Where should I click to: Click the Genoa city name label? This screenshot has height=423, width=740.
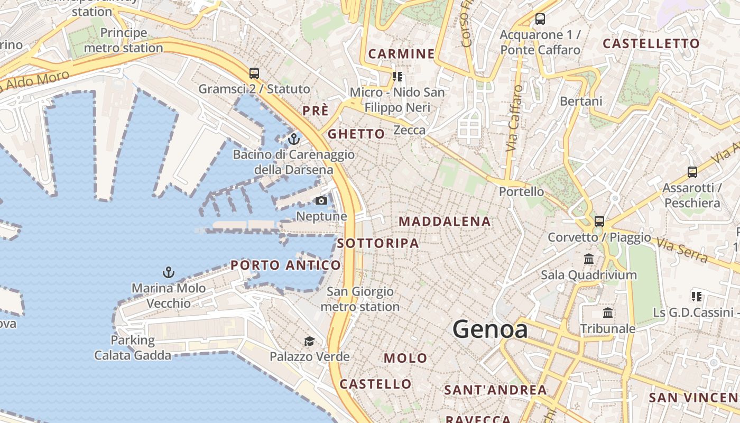point(490,329)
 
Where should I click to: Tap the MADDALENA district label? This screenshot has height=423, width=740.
point(445,222)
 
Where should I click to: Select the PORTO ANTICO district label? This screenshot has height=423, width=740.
point(286,265)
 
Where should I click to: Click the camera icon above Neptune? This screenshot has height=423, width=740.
point(321,200)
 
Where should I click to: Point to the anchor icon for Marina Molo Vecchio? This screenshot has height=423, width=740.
point(168,272)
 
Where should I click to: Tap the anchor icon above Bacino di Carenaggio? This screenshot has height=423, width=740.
point(294,139)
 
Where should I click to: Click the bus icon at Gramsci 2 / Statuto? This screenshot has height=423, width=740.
point(254,73)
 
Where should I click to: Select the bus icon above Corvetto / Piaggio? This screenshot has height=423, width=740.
point(599,222)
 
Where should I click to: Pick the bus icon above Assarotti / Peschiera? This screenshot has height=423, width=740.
point(692,172)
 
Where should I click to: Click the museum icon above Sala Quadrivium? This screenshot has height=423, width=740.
point(589,259)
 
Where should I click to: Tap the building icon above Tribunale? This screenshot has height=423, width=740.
point(608,312)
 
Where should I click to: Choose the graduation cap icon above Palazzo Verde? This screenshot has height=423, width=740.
point(309,341)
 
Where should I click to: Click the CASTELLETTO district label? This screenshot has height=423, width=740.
point(651,44)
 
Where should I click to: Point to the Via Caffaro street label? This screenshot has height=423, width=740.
point(513,119)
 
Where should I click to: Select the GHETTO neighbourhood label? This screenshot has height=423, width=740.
point(356,134)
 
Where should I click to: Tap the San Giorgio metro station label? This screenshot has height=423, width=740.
point(360,299)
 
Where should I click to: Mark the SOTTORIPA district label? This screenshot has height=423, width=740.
point(378,243)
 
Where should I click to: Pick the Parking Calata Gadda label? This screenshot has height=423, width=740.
point(133,347)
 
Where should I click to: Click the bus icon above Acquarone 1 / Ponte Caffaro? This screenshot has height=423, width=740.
point(540,19)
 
